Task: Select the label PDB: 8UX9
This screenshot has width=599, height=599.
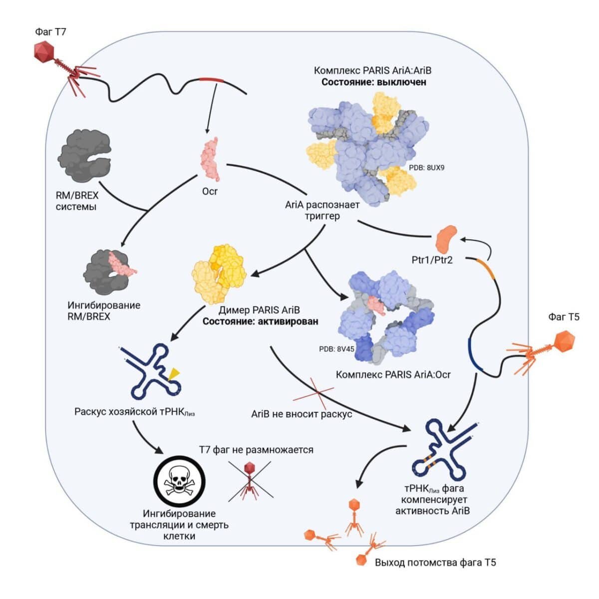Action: (x=426, y=168)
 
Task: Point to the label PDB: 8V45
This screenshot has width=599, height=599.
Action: (x=336, y=349)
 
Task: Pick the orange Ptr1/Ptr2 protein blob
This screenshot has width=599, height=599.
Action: (x=446, y=239)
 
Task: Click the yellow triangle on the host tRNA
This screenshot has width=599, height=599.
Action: (x=174, y=373)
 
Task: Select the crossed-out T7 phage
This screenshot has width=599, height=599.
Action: (x=250, y=480)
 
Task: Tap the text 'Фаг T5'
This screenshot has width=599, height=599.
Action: (x=564, y=316)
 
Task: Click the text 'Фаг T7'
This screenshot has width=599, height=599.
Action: (x=50, y=32)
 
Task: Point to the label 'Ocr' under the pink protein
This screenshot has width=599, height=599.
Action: (x=210, y=191)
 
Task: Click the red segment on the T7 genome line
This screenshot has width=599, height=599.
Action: (x=212, y=80)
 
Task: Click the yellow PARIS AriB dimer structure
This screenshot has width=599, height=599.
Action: (x=219, y=273)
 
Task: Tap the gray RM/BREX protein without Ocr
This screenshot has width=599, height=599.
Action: (x=85, y=152)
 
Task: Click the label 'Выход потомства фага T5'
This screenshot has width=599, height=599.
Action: (x=435, y=563)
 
